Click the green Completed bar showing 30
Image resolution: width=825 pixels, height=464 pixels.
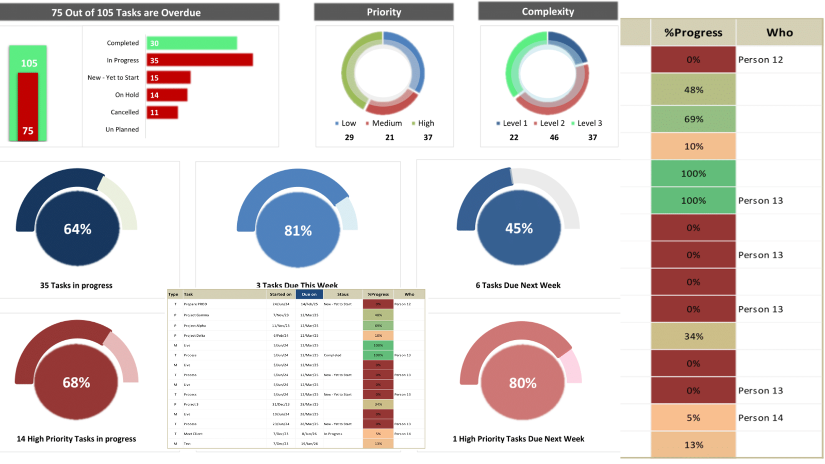click(191, 43)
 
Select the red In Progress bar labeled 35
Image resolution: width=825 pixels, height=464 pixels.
click(200, 60)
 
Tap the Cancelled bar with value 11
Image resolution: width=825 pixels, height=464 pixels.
click(162, 112)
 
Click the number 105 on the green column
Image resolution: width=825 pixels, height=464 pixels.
click(29, 63)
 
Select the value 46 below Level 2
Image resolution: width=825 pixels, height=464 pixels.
click(554, 138)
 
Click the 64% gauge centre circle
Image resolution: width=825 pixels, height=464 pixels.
click(77, 229)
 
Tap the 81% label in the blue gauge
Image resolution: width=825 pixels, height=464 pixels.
click(298, 230)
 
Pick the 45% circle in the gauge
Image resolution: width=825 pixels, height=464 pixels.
click(519, 228)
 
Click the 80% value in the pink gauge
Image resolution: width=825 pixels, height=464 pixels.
click(522, 383)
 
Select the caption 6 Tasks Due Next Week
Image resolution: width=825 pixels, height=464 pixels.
click(518, 285)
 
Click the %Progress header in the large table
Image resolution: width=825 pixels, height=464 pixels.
click(693, 32)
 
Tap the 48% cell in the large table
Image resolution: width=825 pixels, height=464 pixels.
click(693, 90)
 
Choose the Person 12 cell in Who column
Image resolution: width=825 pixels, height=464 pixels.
click(761, 60)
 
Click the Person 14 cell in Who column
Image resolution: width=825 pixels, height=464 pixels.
click(761, 418)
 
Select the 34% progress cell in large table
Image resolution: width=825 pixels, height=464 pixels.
click(693, 336)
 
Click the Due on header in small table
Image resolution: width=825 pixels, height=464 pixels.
click(309, 294)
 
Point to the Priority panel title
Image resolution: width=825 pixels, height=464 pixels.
click(384, 12)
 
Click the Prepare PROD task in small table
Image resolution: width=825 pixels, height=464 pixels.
click(195, 304)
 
